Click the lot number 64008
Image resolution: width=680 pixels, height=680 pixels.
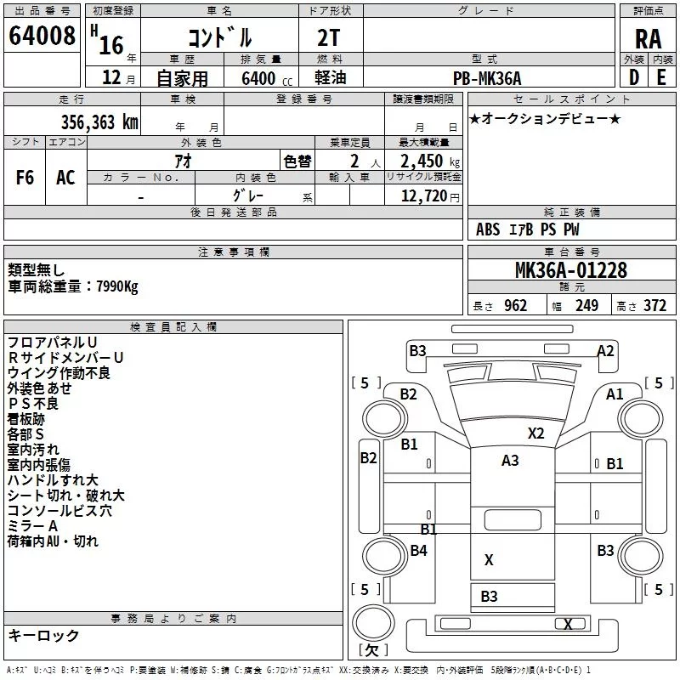[x=42, y=36]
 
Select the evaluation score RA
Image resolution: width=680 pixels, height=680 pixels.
[x=648, y=38]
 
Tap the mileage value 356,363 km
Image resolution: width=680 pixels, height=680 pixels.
[x=99, y=122]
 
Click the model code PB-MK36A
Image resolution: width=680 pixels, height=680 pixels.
[x=487, y=78]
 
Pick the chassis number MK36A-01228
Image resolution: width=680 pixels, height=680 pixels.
[x=571, y=270]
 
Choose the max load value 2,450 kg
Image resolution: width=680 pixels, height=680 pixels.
[x=425, y=161]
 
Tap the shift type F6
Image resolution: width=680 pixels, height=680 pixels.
[x=25, y=177]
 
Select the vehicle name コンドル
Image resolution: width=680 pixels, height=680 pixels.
[x=218, y=38]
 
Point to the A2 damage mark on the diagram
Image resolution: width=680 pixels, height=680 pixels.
[x=605, y=350]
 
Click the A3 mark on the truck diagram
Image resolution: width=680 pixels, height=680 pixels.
[x=510, y=461]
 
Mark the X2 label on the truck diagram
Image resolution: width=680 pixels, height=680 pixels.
[x=535, y=433]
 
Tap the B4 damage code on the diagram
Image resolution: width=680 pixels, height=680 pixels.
[x=418, y=551]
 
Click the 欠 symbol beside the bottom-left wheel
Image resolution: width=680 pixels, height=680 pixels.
[x=371, y=649]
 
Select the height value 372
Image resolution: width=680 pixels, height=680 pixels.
[x=654, y=306]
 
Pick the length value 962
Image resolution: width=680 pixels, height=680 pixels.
[x=515, y=306]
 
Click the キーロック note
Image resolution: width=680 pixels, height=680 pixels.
[x=44, y=635]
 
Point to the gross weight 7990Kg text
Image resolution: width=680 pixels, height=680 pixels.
[x=72, y=286]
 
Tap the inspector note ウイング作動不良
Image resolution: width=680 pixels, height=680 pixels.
[x=59, y=372]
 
